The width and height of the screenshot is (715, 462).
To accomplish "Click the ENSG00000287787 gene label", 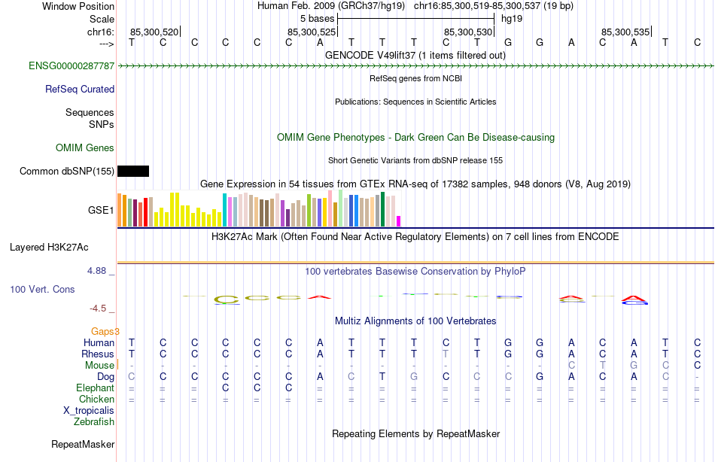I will point(71,66).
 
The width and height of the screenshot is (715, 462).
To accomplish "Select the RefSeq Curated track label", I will point(80,89).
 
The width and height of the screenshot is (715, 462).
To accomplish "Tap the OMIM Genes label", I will point(85,147).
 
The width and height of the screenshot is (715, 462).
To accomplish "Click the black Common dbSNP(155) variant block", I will point(133,171).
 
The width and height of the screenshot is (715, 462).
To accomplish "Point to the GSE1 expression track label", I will point(101,211).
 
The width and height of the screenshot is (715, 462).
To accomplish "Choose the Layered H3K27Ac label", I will point(49,247).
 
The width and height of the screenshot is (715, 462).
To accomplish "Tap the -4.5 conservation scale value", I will point(98,308).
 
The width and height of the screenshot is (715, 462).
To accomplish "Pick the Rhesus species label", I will point(98,354).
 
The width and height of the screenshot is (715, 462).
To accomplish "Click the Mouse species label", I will point(99,365).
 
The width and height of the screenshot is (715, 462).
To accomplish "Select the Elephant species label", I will point(95,388).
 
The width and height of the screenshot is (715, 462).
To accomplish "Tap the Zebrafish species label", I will point(94,421).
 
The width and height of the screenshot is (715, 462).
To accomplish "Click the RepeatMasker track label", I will point(83,445).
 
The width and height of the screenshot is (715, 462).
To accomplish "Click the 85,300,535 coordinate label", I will point(625,32).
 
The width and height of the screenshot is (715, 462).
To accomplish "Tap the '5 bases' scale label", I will point(317,17).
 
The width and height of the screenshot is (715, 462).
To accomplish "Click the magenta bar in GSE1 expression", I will point(399,221).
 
